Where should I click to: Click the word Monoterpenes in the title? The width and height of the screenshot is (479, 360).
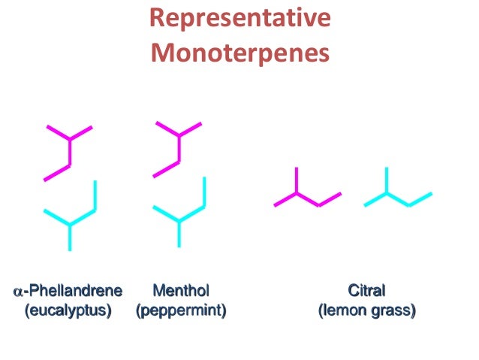239,53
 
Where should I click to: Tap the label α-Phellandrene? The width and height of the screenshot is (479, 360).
68,290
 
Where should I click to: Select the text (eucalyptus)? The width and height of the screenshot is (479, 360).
68,309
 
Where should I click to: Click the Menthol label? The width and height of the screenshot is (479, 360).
180,290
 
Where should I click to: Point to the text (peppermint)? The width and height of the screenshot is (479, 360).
180,309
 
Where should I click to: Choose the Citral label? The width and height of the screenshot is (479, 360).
366,290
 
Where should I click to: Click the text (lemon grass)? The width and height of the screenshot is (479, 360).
366,309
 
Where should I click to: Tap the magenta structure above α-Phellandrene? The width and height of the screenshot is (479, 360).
70,150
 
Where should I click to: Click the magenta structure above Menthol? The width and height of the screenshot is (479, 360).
179,147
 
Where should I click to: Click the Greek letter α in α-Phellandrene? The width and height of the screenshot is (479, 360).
19,291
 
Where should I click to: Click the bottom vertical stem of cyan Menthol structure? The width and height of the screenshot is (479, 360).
179,234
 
